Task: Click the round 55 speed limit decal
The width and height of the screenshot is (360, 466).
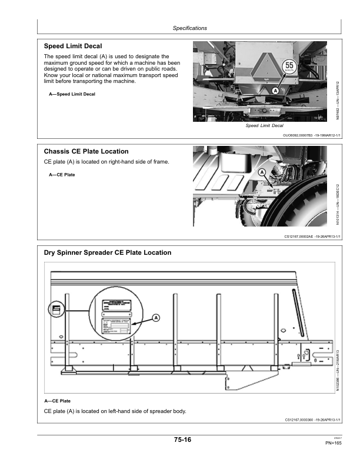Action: tap(289, 67)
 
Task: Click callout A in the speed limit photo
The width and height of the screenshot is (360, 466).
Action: tap(274, 91)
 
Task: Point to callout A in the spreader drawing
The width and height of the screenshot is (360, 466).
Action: tap(156, 318)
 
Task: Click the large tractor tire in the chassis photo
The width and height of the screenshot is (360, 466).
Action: tap(306, 203)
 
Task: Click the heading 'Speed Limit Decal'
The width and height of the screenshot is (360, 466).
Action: tap(73, 46)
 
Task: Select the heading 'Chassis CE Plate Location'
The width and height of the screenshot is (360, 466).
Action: tap(86, 151)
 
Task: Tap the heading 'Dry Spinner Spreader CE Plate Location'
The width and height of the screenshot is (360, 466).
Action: tap(108, 252)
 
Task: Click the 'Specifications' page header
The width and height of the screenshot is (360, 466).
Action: tap(190, 28)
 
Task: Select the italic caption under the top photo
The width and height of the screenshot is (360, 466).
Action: tap(264, 126)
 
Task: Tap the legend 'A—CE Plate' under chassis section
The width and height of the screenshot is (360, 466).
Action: tap(62, 175)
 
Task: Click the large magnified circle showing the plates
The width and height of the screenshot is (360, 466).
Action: tap(116, 315)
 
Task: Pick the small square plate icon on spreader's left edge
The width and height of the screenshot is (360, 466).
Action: tap(56, 309)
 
